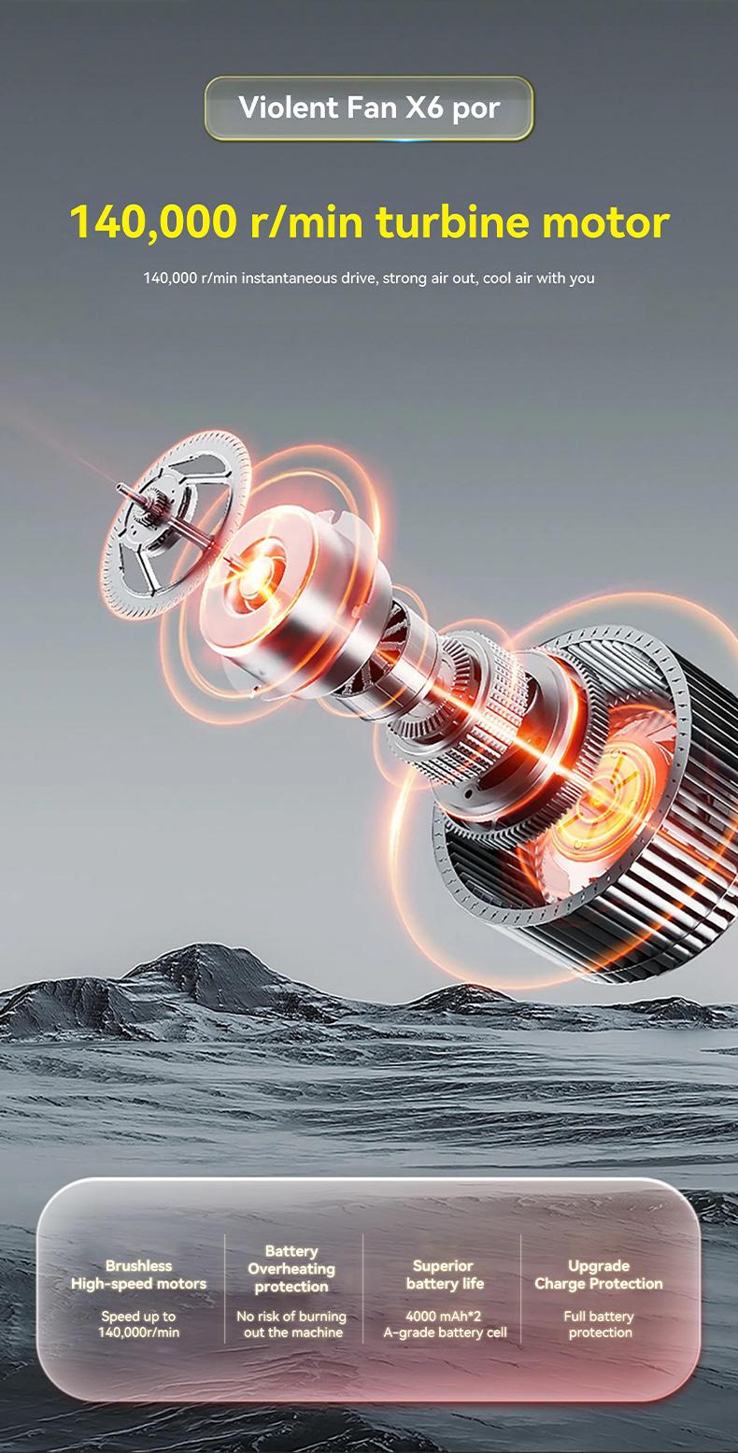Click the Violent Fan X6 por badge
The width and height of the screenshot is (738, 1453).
(369, 108)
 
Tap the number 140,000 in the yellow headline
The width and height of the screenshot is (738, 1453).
(153, 222)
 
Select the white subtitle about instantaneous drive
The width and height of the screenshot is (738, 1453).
(369, 278)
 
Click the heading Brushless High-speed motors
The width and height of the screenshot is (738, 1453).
(139, 1275)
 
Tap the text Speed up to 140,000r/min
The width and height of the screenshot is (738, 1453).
(139, 1324)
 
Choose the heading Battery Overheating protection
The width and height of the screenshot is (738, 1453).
(291, 1269)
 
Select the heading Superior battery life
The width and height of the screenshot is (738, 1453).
(445, 1275)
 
